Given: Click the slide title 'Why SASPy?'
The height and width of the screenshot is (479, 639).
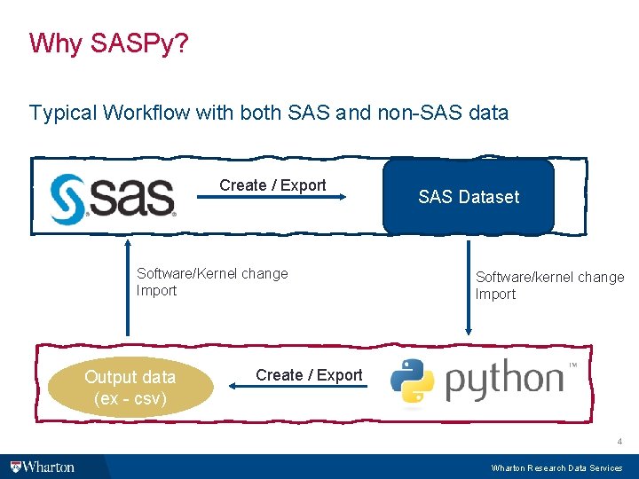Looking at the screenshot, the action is coord(108,43).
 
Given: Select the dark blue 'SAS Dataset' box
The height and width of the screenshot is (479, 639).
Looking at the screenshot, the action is coord(469,197).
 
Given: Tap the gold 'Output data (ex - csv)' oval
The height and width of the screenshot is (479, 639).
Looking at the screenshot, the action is coord(130,388).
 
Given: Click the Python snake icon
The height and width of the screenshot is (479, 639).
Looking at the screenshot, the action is coord(412,381).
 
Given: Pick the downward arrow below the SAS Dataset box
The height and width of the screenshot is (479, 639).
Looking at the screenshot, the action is coord(468,284).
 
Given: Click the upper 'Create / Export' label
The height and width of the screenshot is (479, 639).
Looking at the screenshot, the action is coord(272,185).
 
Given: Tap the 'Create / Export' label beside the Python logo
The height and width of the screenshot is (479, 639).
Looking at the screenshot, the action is coord(309,375).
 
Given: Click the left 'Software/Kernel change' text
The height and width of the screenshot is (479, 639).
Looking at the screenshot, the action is coord(212,273).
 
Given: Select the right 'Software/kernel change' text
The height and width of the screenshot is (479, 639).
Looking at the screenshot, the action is coord(549,277).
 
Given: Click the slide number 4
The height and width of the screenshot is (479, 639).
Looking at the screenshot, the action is coord(619,441).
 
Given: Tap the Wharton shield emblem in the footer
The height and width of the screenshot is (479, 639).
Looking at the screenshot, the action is coord(15,467).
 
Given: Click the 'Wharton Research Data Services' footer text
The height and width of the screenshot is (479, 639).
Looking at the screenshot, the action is coord(556,467).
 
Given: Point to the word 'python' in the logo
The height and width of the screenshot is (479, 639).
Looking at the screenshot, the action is coord(503,381).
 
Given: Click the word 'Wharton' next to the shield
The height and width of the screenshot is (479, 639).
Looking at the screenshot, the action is coord(49,467).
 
